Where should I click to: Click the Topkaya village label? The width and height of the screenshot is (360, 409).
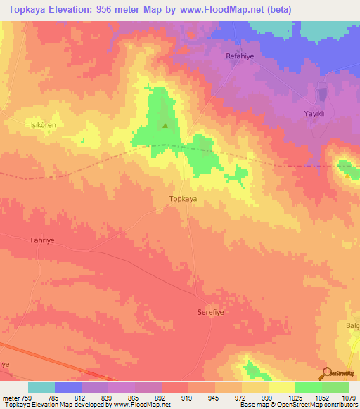tap(183, 199)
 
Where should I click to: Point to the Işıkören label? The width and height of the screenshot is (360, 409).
tap(43, 124)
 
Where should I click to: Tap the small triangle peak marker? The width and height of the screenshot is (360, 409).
tap(165, 126)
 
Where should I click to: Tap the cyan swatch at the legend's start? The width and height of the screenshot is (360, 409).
tap(41, 387)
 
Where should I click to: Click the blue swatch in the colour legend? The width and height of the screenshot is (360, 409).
tap(68, 387)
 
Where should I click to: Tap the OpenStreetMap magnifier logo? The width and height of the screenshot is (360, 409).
tap(326, 373)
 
